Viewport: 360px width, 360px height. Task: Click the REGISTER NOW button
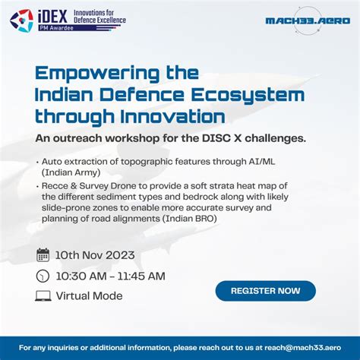coord(265,291)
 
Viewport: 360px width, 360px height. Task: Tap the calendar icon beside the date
coord(43,255)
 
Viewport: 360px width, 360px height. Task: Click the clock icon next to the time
coord(43,276)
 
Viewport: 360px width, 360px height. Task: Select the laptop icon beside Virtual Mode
coord(43,295)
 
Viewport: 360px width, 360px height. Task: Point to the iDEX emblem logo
coord(21,21)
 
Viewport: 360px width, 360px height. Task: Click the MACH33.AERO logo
coord(308,21)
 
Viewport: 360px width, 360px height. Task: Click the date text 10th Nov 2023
coord(96,255)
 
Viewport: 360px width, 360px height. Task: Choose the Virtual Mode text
coord(90,295)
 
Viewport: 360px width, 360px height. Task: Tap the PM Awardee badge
coord(58,29)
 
